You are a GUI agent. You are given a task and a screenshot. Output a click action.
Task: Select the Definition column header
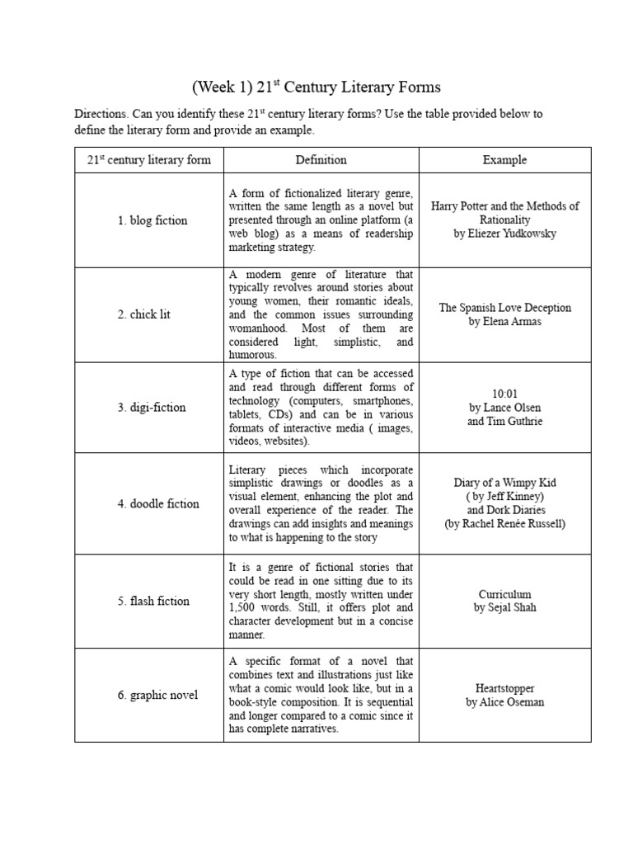321,160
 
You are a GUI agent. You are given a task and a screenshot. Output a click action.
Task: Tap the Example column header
504,160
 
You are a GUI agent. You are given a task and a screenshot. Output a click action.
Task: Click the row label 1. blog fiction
152,220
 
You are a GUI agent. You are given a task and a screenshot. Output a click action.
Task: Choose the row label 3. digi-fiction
152,407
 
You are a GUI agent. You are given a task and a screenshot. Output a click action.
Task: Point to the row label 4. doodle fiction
157,503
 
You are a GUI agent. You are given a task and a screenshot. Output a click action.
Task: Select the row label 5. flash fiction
153,601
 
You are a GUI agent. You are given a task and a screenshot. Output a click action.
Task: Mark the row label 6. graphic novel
157,695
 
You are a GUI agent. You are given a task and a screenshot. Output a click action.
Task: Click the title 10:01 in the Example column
504,394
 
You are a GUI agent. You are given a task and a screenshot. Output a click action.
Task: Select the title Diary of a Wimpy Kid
504,483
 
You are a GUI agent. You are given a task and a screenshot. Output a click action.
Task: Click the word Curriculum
504,594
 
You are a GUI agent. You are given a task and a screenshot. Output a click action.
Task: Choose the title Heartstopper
504,688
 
